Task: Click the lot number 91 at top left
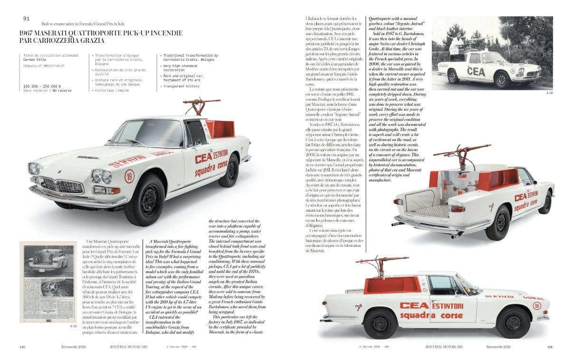(x=27, y=19)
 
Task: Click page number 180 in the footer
(x=22, y=346)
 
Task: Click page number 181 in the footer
(x=550, y=346)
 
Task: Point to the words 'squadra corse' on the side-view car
(x=433, y=315)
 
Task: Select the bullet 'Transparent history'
(x=180, y=86)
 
